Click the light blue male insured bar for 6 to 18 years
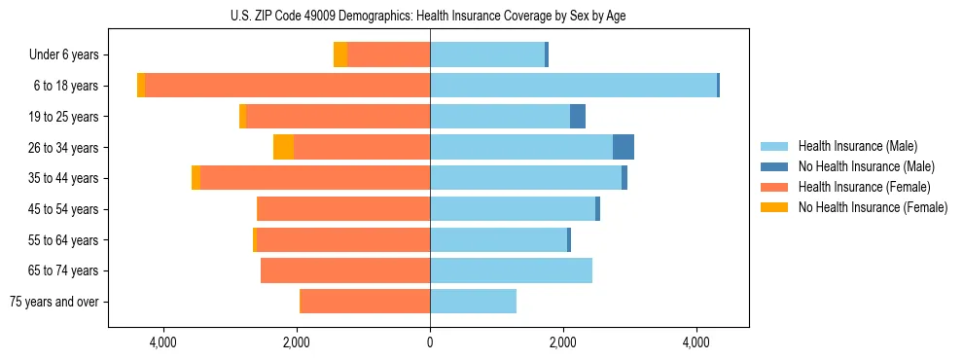pos(573,86)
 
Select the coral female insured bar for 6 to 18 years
pos(287,86)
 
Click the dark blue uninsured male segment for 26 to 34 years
pos(624,147)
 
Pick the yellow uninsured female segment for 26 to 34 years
pos(283,147)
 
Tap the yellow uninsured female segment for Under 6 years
pos(340,54)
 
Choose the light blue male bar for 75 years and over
pos(473,302)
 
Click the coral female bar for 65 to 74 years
pos(345,270)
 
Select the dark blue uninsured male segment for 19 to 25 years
pos(578,117)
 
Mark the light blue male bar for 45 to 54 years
pos(513,209)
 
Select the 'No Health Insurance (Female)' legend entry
pos(873,207)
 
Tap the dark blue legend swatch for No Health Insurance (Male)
pos(774,166)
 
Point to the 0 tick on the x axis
pos(430,342)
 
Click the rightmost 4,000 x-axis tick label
pos(696,342)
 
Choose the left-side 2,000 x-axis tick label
pos(296,342)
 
